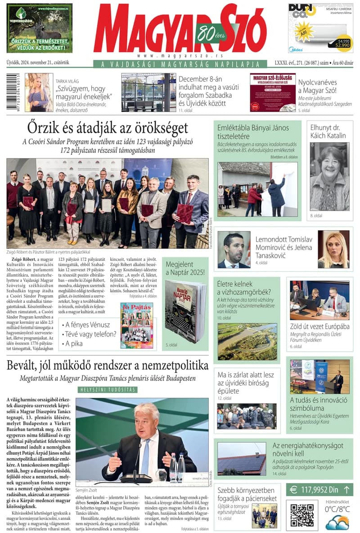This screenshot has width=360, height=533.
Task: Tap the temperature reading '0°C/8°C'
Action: pyautogui.click(x=337, y=509)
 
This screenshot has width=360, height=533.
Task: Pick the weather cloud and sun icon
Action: pyautogui.click(x=337, y=523)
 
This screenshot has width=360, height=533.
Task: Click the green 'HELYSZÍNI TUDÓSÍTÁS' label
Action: pyautogui.click(x=108, y=390)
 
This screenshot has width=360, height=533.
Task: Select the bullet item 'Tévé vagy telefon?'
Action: pyautogui.click(x=91, y=334)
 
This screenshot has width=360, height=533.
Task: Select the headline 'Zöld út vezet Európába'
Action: pyautogui.click(x=319, y=327)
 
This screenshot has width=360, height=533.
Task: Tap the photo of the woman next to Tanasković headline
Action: pyautogui.click(x=333, y=249)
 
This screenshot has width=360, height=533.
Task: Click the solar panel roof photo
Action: pyautogui.click(x=241, y=458)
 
